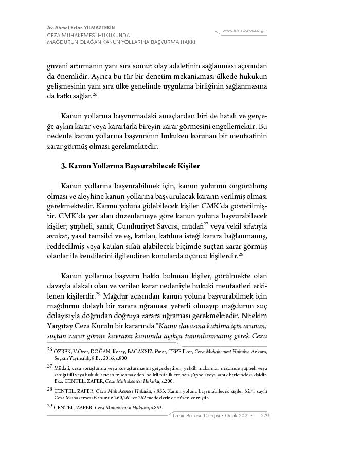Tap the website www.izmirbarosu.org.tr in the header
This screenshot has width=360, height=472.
[244, 31]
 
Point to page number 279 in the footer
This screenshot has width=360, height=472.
[265, 416]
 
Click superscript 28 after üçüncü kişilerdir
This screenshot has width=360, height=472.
[241, 254]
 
